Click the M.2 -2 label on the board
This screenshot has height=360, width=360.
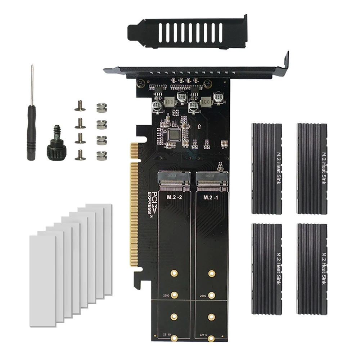point(174,197)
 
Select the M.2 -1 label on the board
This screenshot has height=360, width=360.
point(210,197)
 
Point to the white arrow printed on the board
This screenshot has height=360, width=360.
point(199,127)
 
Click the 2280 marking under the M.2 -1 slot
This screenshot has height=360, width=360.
point(202,296)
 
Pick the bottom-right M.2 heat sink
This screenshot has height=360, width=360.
point(312,268)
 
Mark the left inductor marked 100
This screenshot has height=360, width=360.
point(170,103)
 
